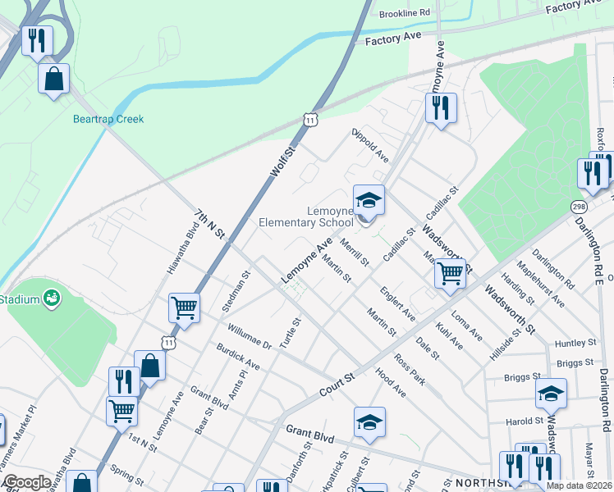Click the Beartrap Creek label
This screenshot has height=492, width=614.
pos(108,119)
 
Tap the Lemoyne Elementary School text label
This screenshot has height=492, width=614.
pos(306,216)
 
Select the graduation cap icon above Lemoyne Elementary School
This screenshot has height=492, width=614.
pos(369,200)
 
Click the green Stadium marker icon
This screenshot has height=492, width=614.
pos(52,297)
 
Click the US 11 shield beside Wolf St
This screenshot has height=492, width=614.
pos(309,120)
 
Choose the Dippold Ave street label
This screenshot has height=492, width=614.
pos(369,144)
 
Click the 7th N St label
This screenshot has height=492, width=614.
pos(209,223)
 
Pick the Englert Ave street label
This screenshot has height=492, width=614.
pos(397,304)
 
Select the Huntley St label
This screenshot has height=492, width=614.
pos(574,343)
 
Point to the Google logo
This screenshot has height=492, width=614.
pos(27,482)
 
